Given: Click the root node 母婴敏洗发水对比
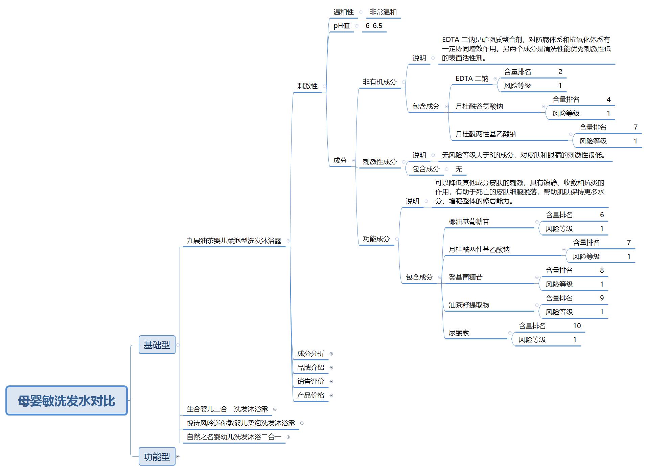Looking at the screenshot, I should [66, 401].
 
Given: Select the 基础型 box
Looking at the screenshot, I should [157, 345].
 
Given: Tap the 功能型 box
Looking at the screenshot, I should [157, 456].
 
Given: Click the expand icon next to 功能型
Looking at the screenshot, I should [178, 456].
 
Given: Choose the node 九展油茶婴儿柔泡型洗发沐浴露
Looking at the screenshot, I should [234, 241].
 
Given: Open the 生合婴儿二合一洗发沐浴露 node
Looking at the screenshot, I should [227, 409].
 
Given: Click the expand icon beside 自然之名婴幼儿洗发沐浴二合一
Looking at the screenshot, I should [288, 437].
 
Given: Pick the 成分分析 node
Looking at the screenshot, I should [310, 354].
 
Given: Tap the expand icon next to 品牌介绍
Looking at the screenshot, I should [331, 367].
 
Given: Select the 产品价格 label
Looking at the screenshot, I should [310, 395].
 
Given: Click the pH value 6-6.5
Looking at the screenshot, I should [374, 26].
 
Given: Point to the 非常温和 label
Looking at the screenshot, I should [383, 12].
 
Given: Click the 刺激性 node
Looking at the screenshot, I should [307, 86].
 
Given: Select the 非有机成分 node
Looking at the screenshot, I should [379, 82].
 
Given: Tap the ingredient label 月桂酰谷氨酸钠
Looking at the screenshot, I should [479, 106].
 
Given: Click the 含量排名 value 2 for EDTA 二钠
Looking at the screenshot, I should [560, 72].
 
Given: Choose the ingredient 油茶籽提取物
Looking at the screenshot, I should [469, 305].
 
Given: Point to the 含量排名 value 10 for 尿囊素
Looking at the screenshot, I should [577, 326].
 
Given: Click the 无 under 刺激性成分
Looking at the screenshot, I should [459, 169].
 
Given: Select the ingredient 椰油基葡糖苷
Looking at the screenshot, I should [469, 222].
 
